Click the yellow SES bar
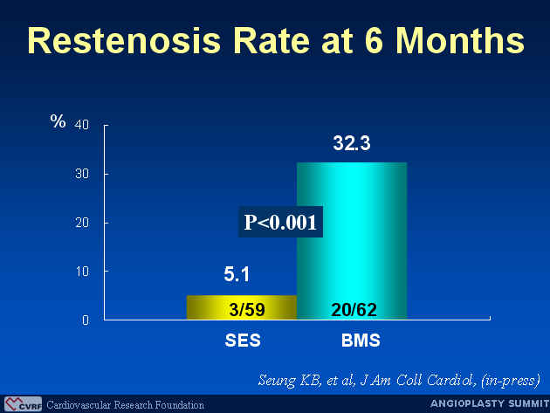242,307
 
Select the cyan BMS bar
352,241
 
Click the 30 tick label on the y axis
82,174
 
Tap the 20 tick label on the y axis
82,223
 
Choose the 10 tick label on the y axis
82,272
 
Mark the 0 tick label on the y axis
86,320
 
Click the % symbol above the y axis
58,121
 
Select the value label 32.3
352,143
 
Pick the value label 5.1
237,274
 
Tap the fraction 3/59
247,309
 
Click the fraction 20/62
354,309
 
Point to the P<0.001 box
280,222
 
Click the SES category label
243,341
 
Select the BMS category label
361,341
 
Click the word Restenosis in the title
124,40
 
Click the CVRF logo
24,404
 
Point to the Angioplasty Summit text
490,403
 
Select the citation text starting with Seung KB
399,381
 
